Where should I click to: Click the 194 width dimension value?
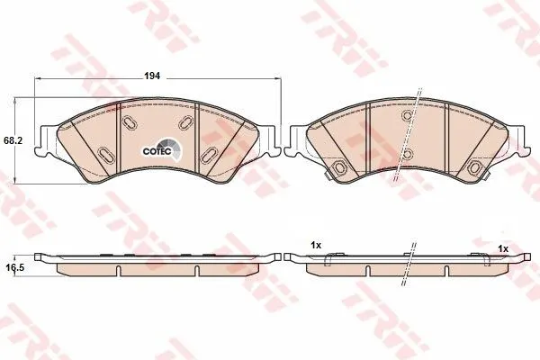pyautogui.click(x=152, y=76)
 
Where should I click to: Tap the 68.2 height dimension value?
pyautogui.click(x=13, y=141)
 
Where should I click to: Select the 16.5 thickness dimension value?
pyautogui.click(x=13, y=267)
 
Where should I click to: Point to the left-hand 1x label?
pyautogui.click(x=316, y=246)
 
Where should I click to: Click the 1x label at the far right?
pyautogui.click(x=503, y=248)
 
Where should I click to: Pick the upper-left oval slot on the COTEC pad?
pyautogui.click(x=130, y=122)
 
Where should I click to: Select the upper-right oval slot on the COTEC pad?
pyautogui.click(x=186, y=122)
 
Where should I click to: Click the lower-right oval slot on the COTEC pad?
pyautogui.click(x=209, y=156)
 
